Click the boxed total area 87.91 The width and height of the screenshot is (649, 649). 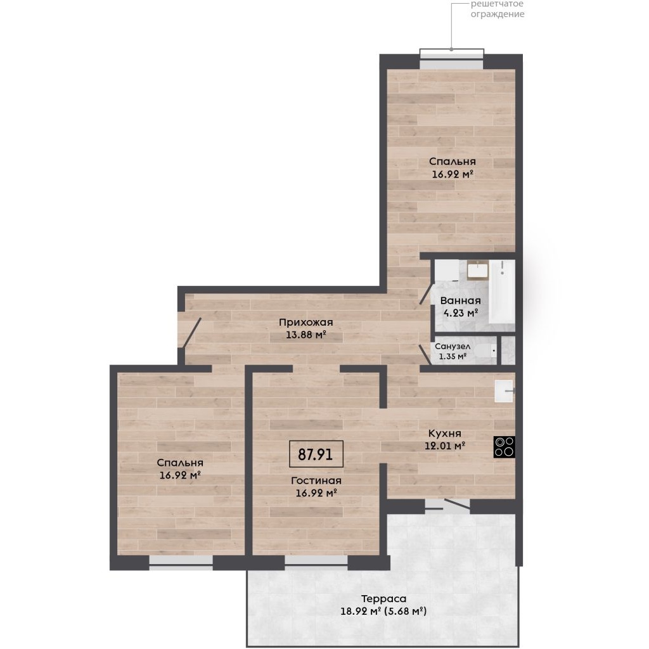pyautogui.click(x=316, y=454)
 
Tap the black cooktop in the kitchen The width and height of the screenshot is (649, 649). pyautogui.click(x=504, y=447)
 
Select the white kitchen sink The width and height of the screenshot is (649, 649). pyautogui.click(x=504, y=391)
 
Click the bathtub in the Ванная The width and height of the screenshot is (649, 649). pyautogui.click(x=502, y=292)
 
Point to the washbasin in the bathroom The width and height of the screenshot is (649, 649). pyautogui.click(x=478, y=270)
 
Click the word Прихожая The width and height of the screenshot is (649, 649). pyautogui.click(x=306, y=322)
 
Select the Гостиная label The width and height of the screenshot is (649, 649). pyautogui.click(x=316, y=480)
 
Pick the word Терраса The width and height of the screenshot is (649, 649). pyautogui.click(x=383, y=598)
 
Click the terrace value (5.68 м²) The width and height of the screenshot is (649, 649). pyautogui.click(x=406, y=611)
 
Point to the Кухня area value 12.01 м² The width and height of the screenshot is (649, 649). pyautogui.click(x=445, y=446)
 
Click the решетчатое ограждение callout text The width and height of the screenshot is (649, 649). pyautogui.click(x=498, y=9)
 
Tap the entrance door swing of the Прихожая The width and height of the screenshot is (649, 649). pyautogui.click(x=192, y=332)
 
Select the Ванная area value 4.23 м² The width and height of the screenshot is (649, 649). pyautogui.click(x=461, y=313)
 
